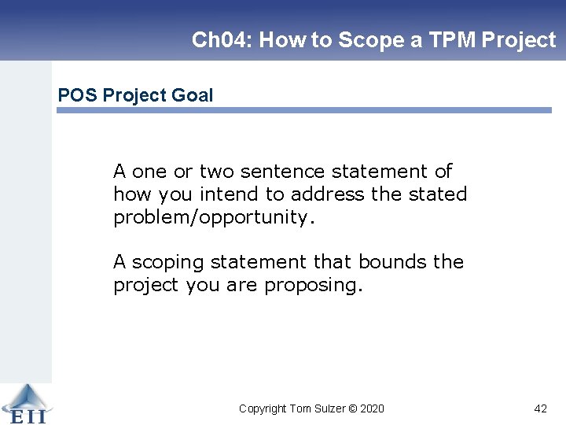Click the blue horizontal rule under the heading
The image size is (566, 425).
303,110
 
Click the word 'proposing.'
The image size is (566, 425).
314,285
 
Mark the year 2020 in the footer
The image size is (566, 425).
373,408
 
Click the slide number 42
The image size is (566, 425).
540,408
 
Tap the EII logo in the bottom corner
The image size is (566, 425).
24,404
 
